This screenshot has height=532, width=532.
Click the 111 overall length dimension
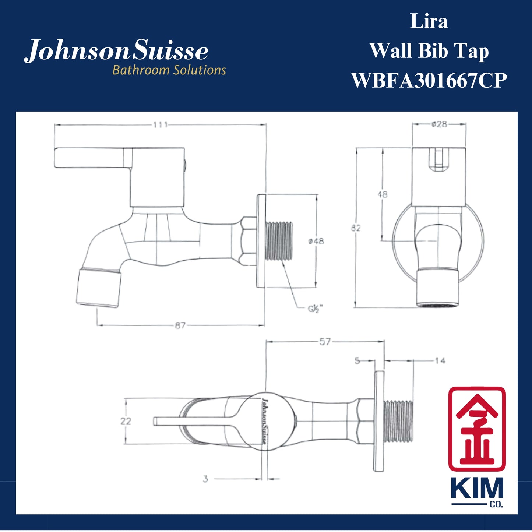tap(161, 125)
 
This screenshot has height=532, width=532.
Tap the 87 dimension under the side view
tap(180, 325)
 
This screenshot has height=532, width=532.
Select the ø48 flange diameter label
tap(316, 241)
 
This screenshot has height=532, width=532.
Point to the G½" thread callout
tap(315, 309)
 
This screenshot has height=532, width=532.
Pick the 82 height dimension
tap(356, 228)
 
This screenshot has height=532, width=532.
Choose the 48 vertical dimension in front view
tap(383, 194)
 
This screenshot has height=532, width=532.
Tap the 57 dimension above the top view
tap(325, 342)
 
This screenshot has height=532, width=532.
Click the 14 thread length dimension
tap(440, 361)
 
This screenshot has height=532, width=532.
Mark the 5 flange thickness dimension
tap(357, 361)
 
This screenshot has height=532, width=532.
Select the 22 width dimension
tap(126, 421)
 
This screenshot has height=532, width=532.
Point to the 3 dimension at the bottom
tap(205, 479)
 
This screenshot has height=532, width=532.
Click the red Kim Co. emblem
tap(477, 429)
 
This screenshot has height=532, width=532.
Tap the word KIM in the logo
tap(477, 489)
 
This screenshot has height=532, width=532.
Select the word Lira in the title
tap(429, 21)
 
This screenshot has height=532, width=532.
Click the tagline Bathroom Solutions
tap(169, 70)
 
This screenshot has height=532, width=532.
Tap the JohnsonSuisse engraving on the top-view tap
tap(264, 421)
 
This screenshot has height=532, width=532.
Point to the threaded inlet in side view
tap(279, 241)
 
